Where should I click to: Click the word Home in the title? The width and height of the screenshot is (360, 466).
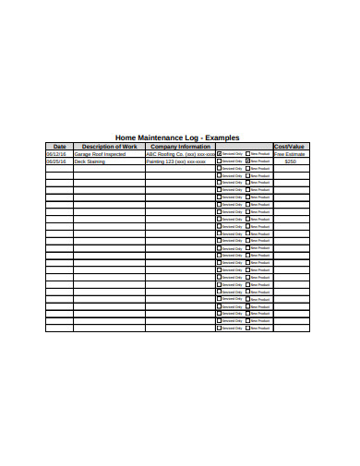pyautogui.click(x=125, y=137)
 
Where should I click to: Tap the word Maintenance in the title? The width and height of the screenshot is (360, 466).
pyautogui.click(x=160, y=137)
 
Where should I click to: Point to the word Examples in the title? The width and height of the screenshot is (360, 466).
pyautogui.click(x=222, y=137)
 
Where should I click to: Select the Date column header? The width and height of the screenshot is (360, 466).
pyautogui.click(x=60, y=146)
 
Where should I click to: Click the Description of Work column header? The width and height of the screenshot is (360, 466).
pyautogui.click(x=109, y=146)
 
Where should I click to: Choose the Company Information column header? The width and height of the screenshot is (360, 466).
pyautogui.click(x=180, y=146)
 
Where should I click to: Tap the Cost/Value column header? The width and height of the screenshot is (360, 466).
pyautogui.click(x=291, y=146)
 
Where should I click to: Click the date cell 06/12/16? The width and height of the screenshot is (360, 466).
pyautogui.click(x=56, y=153)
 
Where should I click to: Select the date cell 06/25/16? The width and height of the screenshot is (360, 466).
pyautogui.click(x=56, y=161)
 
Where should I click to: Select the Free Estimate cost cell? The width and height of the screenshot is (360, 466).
pyautogui.click(x=290, y=153)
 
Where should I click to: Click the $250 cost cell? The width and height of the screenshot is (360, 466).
pyautogui.click(x=291, y=161)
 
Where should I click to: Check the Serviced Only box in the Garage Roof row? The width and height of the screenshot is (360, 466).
pyautogui.click(x=220, y=153)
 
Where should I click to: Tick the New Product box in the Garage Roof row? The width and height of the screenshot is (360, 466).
pyautogui.click(x=247, y=153)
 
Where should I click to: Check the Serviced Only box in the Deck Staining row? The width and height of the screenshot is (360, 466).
pyautogui.click(x=220, y=161)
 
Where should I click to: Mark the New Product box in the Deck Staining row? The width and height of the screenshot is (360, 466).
pyautogui.click(x=247, y=161)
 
